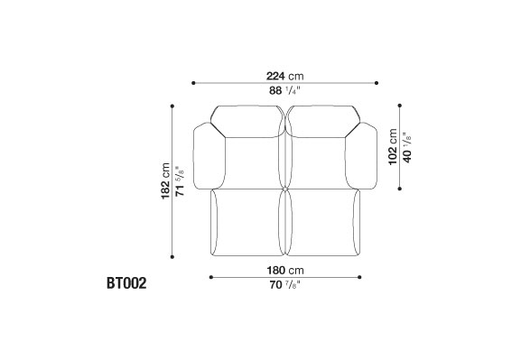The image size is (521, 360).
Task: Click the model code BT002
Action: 126,283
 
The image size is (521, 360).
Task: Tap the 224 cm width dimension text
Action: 284,76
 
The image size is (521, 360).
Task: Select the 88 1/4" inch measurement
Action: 284,90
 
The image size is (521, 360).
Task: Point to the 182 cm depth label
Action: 165,181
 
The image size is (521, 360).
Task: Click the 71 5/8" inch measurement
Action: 180,181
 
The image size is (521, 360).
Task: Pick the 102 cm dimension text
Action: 393,147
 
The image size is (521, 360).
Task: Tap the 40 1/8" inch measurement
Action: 406,147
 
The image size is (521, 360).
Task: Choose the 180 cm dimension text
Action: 285,271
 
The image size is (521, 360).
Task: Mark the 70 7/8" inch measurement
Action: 284,284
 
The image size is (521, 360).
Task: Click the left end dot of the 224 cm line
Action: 193,83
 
